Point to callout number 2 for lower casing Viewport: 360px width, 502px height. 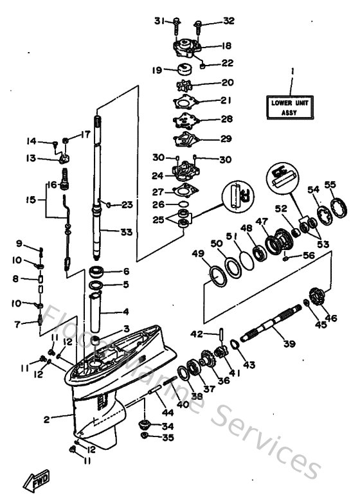pos(46,419)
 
